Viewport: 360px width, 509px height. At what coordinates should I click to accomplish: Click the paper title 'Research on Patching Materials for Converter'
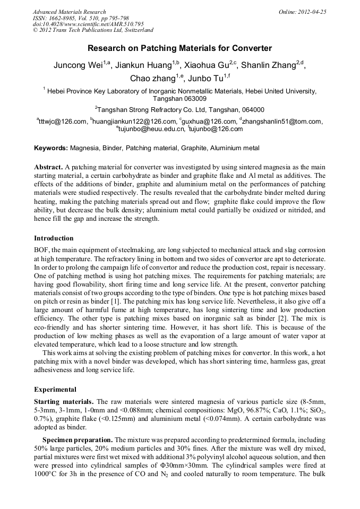[x=179, y=48]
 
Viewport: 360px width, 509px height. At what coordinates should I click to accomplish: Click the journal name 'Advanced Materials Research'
[x=70, y=12]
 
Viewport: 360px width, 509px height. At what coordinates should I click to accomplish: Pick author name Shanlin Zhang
[x=269, y=66]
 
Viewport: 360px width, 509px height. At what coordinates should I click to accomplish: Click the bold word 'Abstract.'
[x=48, y=167]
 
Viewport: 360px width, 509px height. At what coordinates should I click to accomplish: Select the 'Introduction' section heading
[x=54, y=238]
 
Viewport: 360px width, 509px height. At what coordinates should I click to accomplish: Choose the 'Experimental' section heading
[x=55, y=389]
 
